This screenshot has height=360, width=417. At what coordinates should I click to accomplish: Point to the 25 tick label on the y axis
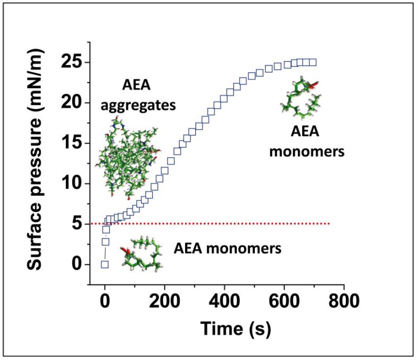tap(73, 62)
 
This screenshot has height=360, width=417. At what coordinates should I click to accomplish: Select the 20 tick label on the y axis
tap(73, 103)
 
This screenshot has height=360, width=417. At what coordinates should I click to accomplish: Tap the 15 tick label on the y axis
tap(73, 143)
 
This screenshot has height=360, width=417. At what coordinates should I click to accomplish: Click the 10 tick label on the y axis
tap(73, 183)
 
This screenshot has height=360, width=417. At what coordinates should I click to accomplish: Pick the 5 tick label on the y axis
tap(78, 224)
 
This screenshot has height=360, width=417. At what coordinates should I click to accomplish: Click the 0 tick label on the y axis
tap(78, 264)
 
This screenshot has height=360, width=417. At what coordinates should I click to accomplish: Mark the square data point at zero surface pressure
tap(105, 264)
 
